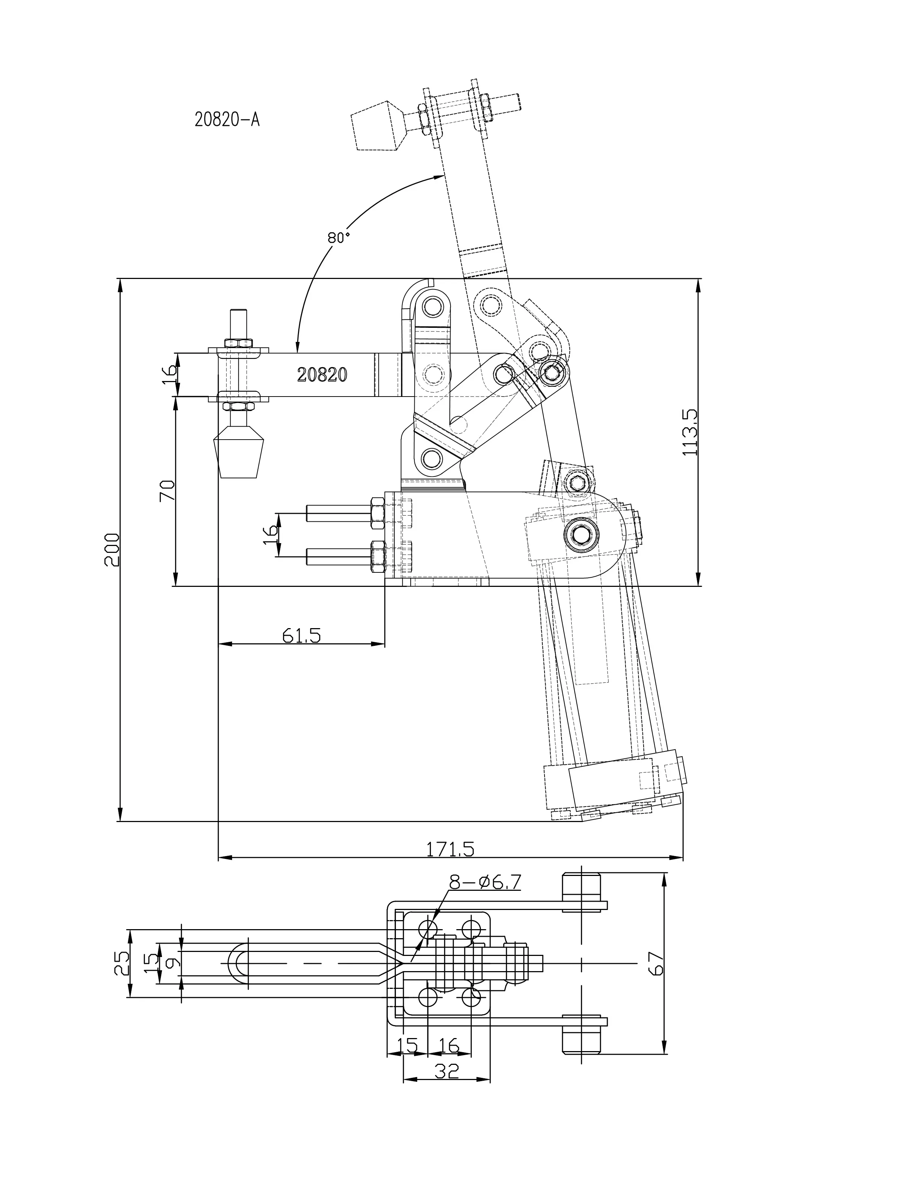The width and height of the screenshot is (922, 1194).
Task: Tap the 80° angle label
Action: (338, 237)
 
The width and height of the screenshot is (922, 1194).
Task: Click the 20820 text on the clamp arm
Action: (322, 374)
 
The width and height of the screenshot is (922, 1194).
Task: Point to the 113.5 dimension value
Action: (690, 432)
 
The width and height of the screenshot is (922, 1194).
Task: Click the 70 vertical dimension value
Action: (167, 490)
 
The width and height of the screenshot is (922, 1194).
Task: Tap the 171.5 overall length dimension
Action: (450, 848)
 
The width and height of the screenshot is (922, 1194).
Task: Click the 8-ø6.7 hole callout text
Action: (485, 882)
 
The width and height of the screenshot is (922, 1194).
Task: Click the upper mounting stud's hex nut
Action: (377, 513)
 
